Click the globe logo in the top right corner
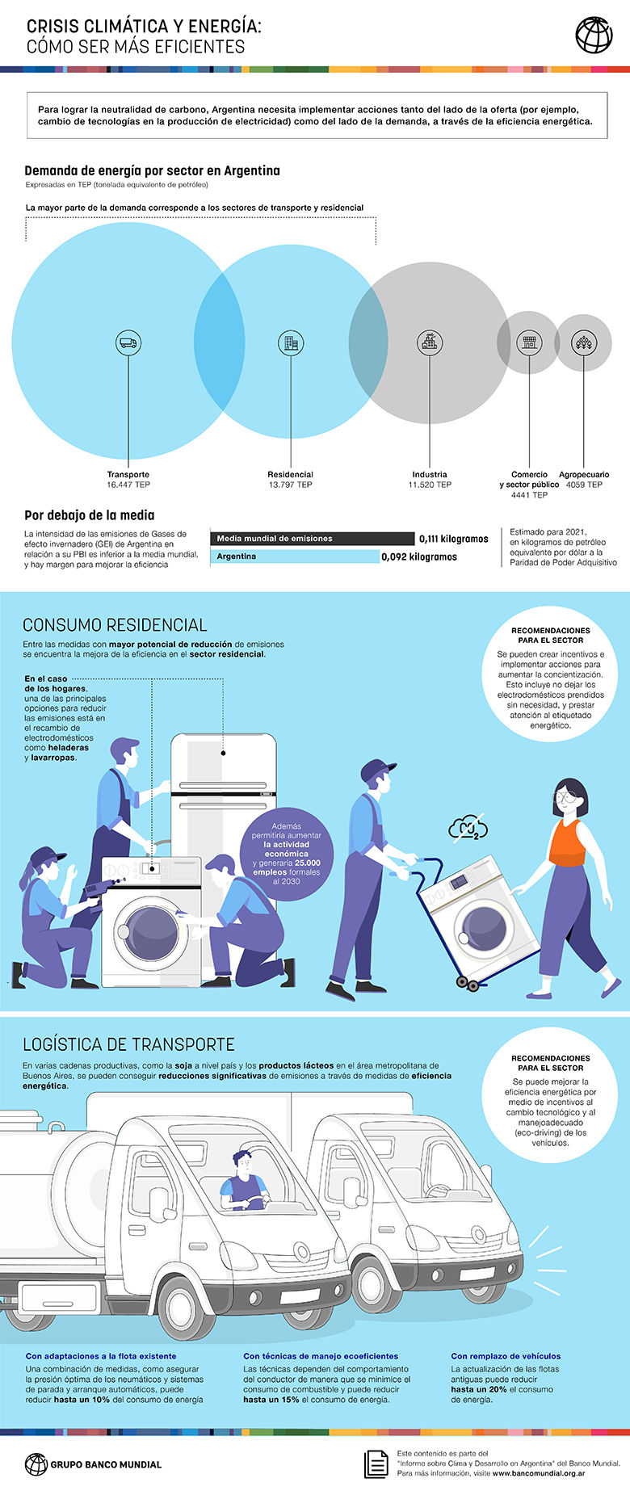[594, 35]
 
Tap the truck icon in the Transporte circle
[128, 342]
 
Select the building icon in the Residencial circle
[290, 342]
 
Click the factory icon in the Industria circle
[430, 342]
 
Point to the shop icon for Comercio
[529, 342]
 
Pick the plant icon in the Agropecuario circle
[583, 342]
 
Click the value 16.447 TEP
[128, 485]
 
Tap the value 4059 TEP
[584, 485]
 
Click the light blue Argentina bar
[295, 556]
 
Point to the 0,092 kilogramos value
[419, 556]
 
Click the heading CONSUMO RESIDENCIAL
[115, 624]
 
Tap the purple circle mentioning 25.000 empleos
[286, 853]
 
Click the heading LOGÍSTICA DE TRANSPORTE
[128, 1044]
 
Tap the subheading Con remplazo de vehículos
[506, 1356]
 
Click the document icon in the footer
[376, 1464]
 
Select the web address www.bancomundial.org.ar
[539, 1473]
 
